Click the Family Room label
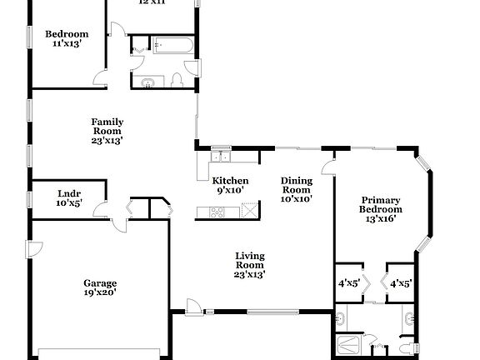coord(107,131)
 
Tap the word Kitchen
coord(230,181)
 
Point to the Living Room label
coord(250,265)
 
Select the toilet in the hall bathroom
coord(177,80)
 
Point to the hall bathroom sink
coord(148,82)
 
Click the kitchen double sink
coord(221,154)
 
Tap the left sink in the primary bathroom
coord(340,317)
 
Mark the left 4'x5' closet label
coord(347,283)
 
